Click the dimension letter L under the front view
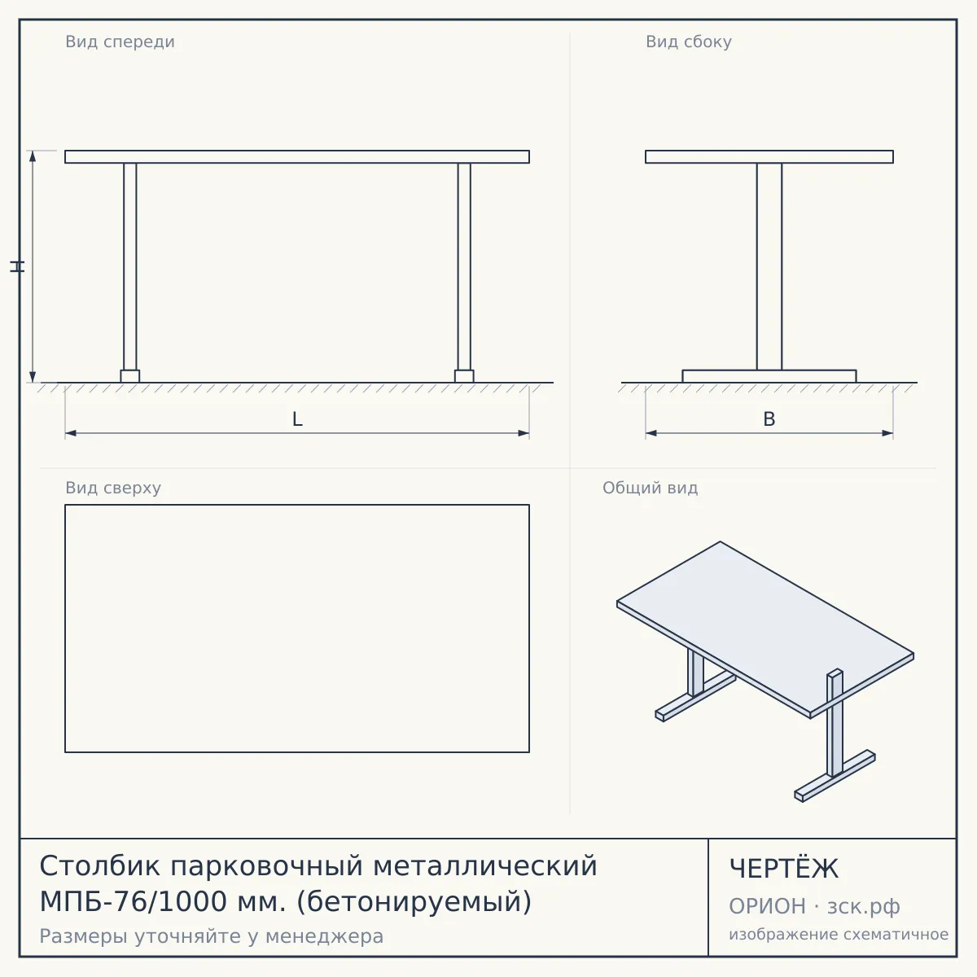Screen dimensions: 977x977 click(297, 419)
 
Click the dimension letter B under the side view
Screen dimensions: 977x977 click(769, 419)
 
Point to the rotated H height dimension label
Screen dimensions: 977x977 click(17, 266)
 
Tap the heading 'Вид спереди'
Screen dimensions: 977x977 click(120, 42)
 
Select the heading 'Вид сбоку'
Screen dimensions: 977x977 click(689, 42)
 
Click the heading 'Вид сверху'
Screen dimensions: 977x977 click(113, 488)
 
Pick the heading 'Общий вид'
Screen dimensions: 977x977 click(650, 488)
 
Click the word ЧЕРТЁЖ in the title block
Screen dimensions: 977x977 click(784, 869)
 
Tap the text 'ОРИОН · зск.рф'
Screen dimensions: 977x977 click(814, 906)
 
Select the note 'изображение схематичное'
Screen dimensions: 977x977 click(839, 934)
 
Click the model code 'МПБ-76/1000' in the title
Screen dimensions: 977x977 click(134, 901)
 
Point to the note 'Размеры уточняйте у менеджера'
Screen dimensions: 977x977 click(212, 936)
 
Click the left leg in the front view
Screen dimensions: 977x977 click(129, 267)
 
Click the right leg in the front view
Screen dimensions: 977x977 click(464, 267)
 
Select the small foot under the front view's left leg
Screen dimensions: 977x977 click(129, 376)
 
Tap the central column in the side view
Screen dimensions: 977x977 click(769, 267)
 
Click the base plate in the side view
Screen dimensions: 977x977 click(769, 376)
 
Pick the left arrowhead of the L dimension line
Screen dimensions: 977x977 click(71, 433)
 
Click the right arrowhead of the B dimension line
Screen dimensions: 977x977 click(887, 433)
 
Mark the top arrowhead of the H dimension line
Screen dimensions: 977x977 click(33, 156)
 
